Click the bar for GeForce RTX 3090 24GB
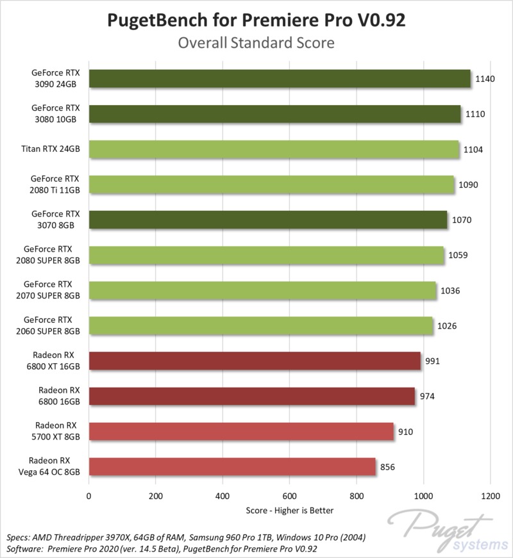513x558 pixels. coord(280,79)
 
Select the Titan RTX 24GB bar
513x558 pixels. coord(274,149)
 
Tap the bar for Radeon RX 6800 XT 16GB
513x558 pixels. coord(255,361)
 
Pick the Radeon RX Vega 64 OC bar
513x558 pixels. coord(232,466)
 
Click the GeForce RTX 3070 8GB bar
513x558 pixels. coord(268,220)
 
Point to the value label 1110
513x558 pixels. coord(475,114)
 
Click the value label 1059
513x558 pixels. coord(458,255)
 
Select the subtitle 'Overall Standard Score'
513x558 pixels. coord(256,44)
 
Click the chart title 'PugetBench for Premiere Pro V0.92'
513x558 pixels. coord(256,21)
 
